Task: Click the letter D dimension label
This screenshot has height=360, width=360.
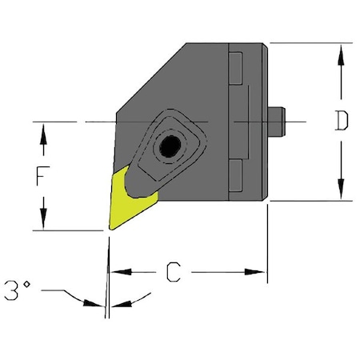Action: click(x=342, y=122)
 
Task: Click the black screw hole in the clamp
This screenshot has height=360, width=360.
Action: click(x=169, y=146)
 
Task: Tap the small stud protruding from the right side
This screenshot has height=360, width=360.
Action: click(x=278, y=122)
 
